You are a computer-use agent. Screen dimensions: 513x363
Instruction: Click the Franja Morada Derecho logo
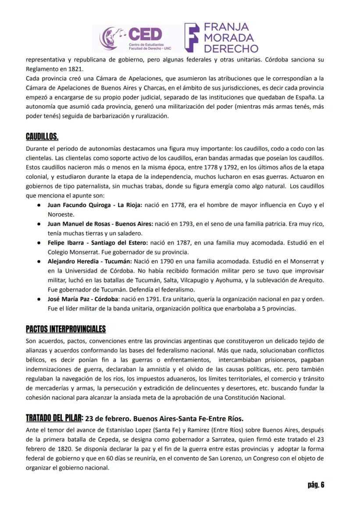(222, 38)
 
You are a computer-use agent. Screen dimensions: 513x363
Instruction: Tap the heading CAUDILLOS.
(42, 136)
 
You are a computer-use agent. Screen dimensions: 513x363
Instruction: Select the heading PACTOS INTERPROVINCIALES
(66, 329)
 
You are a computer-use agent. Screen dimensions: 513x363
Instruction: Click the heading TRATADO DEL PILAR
(54, 418)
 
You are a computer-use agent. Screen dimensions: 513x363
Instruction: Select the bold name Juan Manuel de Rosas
(79, 223)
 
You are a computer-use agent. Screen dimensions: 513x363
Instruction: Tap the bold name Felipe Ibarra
(64, 242)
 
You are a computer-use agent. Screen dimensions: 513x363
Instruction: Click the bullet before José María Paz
(39, 299)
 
